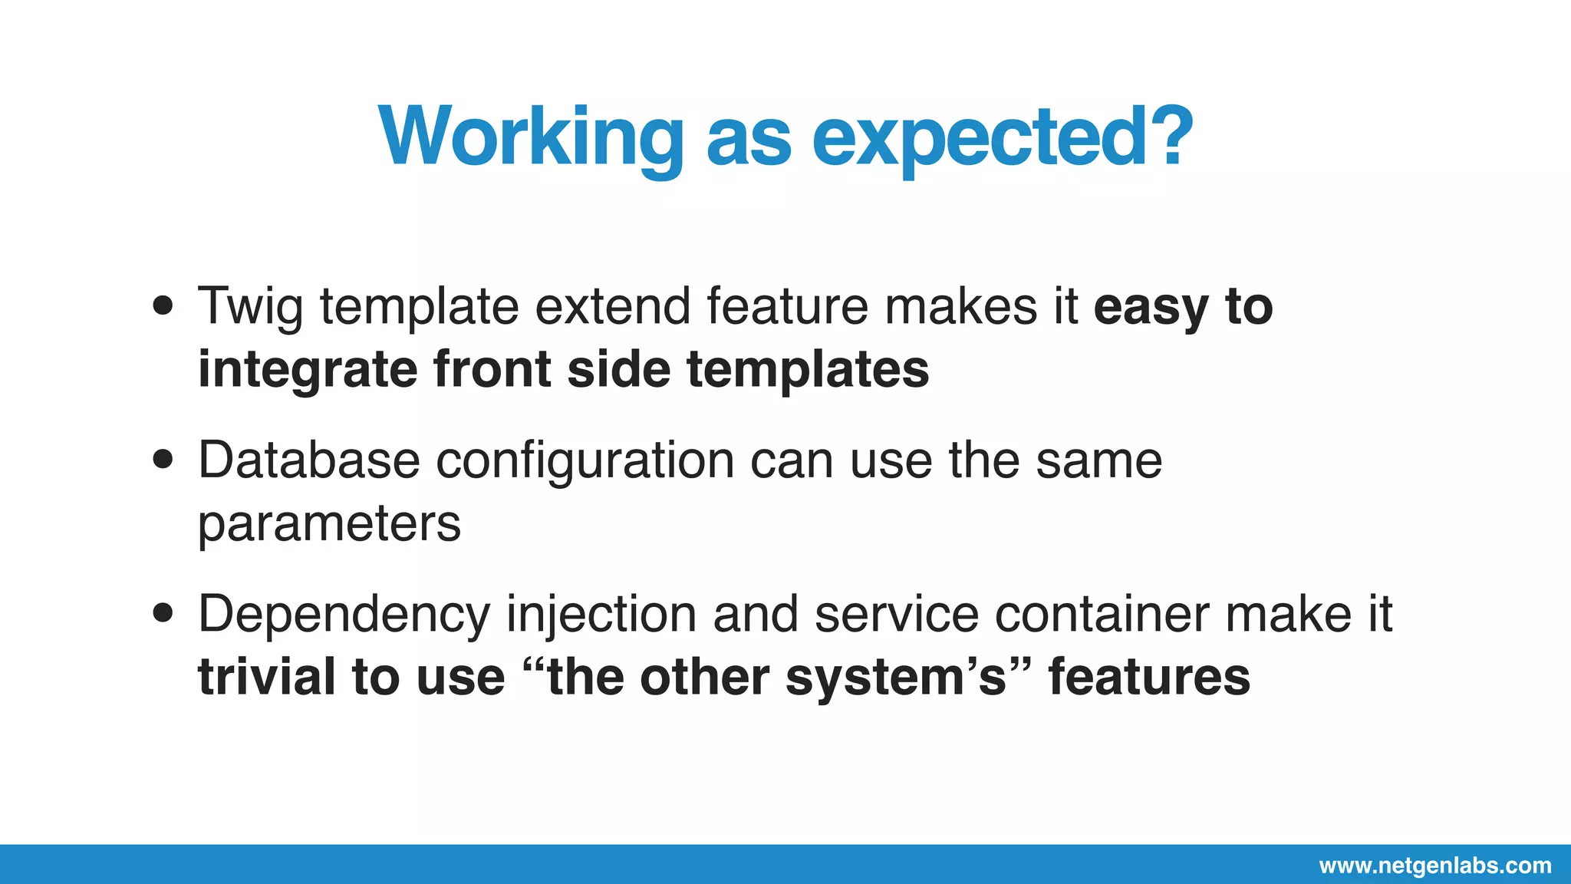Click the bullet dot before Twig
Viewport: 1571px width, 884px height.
click(x=163, y=306)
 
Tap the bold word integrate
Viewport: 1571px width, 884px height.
click(x=308, y=371)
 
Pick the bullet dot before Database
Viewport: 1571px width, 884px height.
click(x=163, y=460)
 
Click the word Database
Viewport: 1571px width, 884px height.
click(x=308, y=460)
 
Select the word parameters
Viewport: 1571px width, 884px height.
click(x=329, y=525)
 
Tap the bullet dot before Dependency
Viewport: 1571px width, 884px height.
click(x=163, y=613)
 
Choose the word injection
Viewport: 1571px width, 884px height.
click(x=601, y=615)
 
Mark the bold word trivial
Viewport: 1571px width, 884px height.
click(x=266, y=677)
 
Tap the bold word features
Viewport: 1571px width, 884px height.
click(x=1148, y=677)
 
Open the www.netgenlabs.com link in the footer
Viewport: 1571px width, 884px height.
click(x=1434, y=866)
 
